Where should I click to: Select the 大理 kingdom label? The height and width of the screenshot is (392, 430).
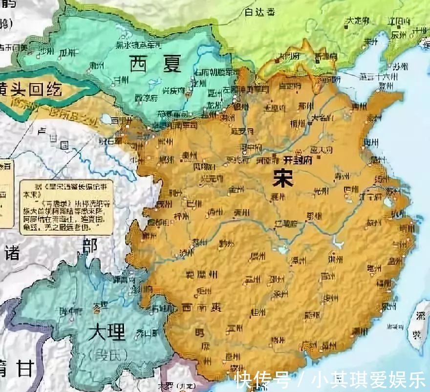[107, 333]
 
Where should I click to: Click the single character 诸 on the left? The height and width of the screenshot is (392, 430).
[12, 253]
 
